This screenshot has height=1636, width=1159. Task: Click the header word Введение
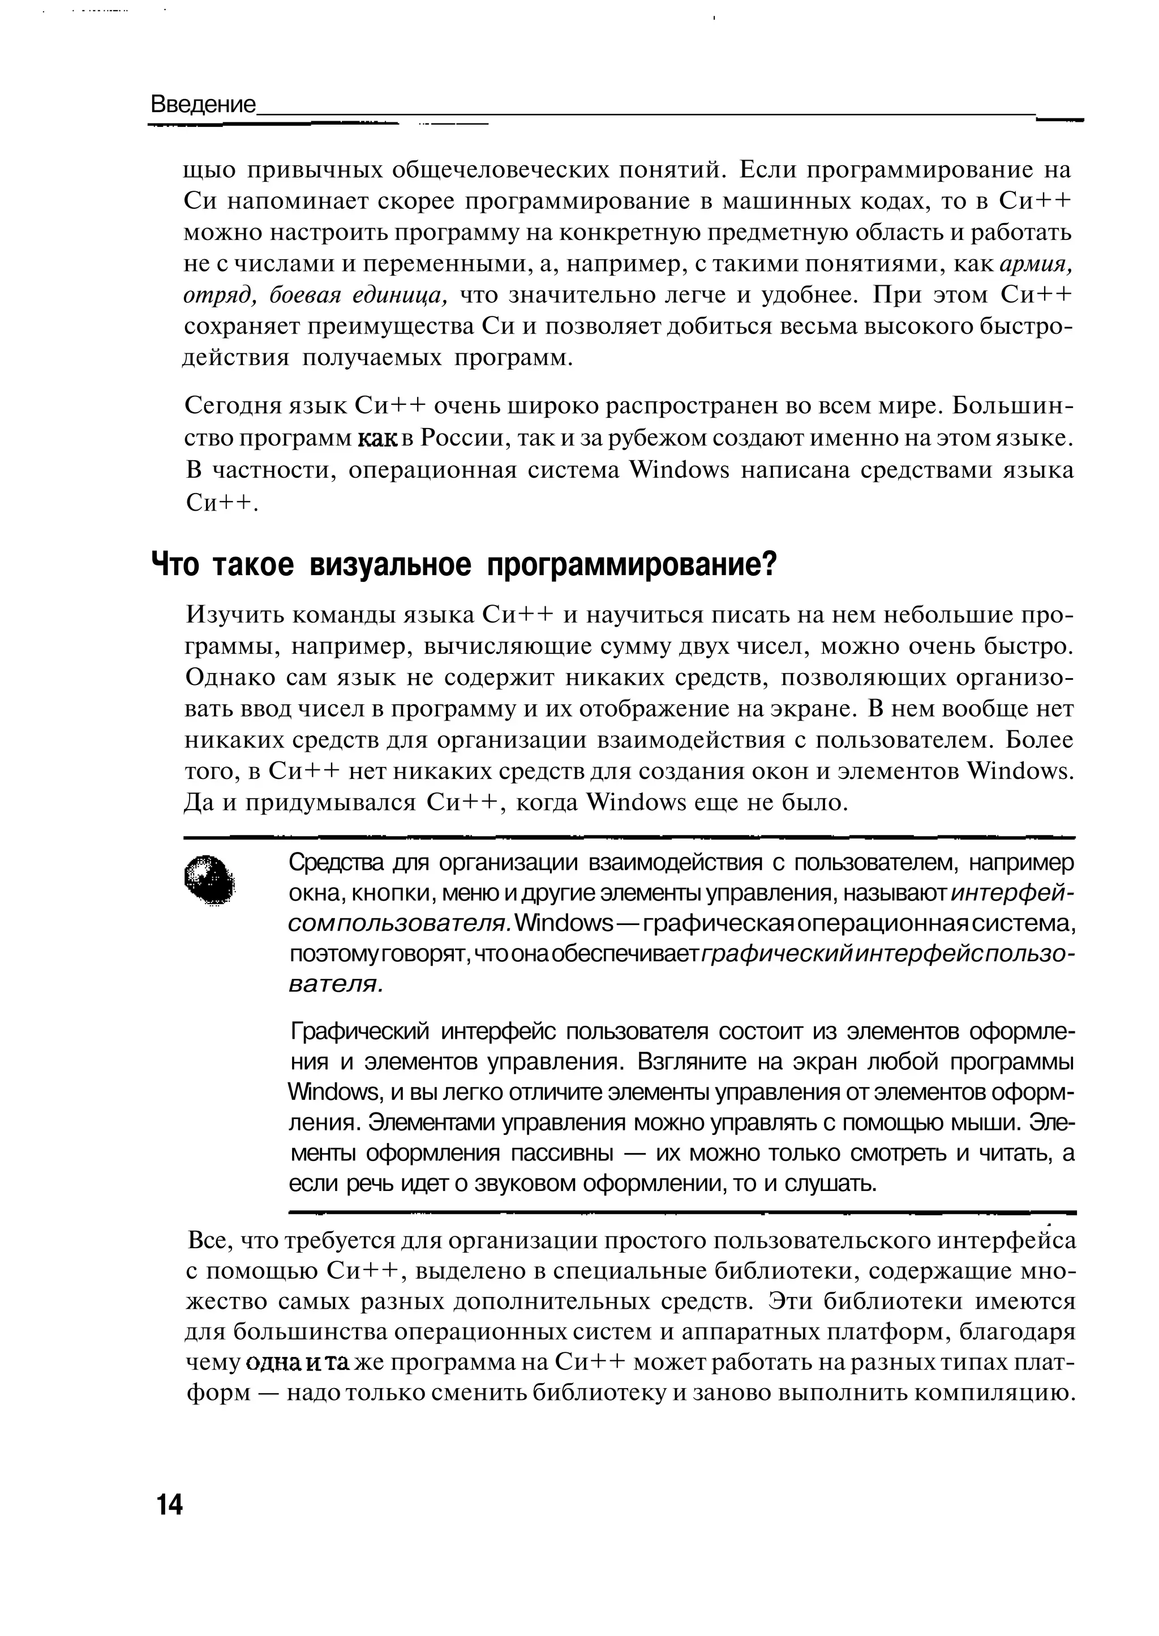[203, 105]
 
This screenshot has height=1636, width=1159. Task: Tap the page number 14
[169, 1504]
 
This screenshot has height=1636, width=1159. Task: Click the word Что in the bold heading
[173, 566]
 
